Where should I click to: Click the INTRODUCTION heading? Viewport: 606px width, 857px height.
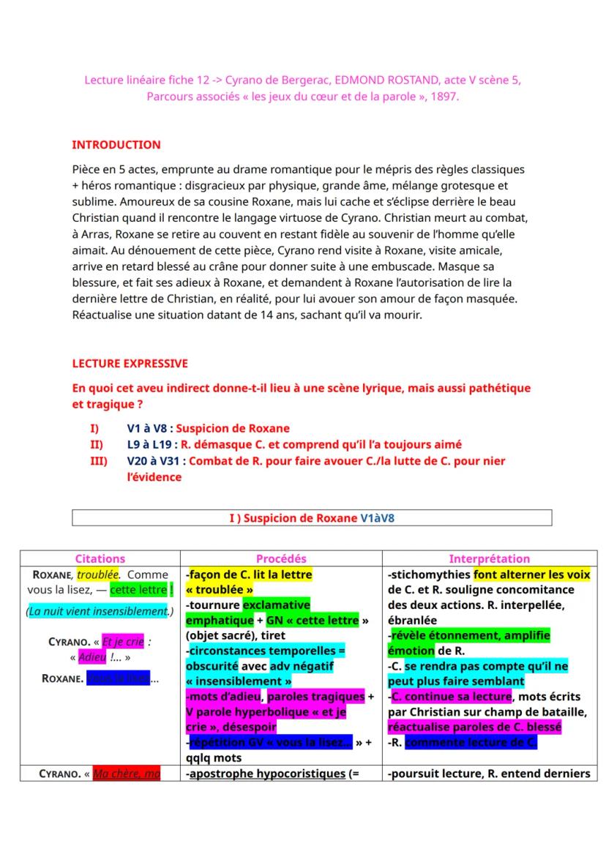pos(116,145)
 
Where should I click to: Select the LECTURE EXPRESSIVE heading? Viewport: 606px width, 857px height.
pos(130,363)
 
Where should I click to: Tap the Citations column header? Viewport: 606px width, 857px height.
pos(100,558)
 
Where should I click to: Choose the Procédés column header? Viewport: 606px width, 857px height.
pos(281,558)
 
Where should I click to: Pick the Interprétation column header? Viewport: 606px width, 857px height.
pos(489,558)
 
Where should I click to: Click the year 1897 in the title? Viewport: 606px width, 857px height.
pos(444,96)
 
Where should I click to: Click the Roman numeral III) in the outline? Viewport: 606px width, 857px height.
pos(98,461)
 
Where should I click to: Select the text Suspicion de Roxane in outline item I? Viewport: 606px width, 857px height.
pos(233,429)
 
